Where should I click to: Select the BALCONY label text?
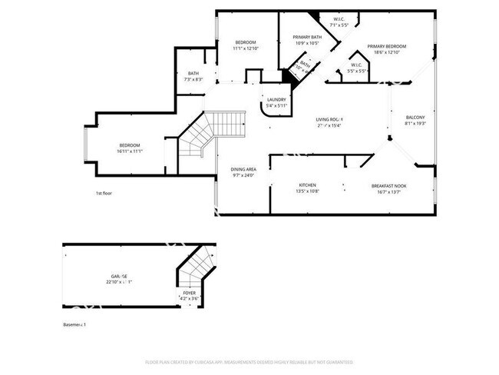[x=415, y=117]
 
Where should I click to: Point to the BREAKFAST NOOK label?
[x=388, y=185]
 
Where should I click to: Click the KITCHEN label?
[x=308, y=185]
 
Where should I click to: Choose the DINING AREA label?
[x=243, y=168]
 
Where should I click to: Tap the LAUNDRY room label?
[x=276, y=99]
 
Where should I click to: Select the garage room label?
[x=118, y=276]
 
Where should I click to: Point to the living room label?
[x=330, y=119]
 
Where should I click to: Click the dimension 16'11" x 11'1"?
[x=129, y=151]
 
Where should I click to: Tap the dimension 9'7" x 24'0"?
[x=243, y=175]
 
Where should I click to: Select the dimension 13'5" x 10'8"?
[x=308, y=191]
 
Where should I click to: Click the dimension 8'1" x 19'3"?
[x=415, y=124]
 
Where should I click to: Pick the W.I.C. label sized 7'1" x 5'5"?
[x=339, y=18]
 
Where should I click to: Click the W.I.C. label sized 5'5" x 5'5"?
[x=359, y=64]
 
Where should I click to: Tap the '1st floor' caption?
[x=104, y=193]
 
